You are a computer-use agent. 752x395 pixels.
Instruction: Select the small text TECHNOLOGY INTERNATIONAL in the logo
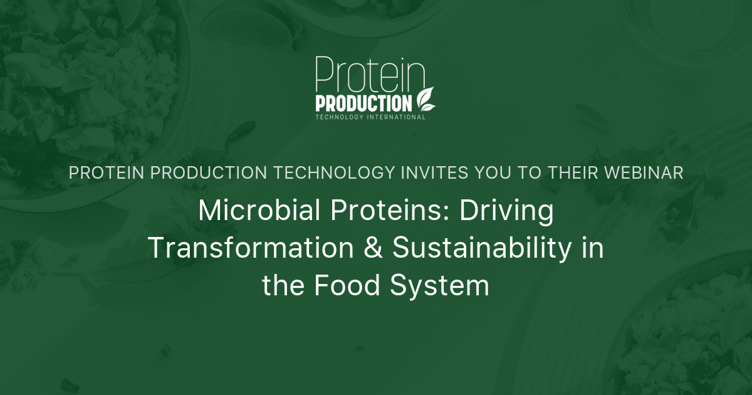click(x=370, y=117)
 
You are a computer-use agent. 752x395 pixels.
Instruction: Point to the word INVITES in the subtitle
click(x=429, y=174)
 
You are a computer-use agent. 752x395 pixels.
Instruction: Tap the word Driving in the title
click(x=507, y=212)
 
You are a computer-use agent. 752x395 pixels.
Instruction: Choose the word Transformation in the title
click(x=250, y=249)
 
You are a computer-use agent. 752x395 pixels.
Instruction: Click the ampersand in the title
click(x=373, y=249)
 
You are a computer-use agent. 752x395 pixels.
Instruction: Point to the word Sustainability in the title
click(x=482, y=249)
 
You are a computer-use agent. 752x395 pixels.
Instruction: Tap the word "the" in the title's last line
click(x=283, y=286)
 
